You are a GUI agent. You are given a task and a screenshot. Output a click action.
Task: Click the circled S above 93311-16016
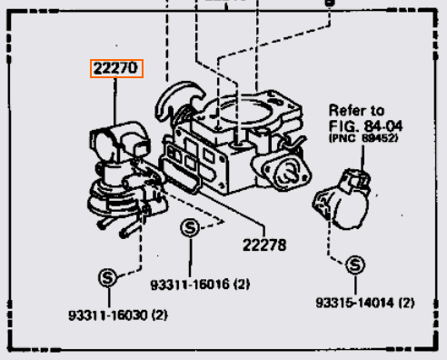(189, 228)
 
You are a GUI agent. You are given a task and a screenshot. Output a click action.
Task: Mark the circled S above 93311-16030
(106, 276)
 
